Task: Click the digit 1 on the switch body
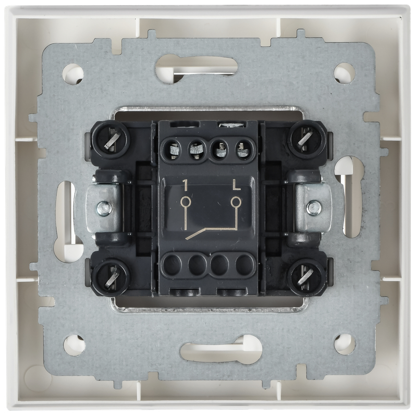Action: (x=185, y=185)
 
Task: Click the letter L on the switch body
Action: (x=237, y=185)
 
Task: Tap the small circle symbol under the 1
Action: (x=185, y=202)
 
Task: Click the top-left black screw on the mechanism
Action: (x=111, y=139)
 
